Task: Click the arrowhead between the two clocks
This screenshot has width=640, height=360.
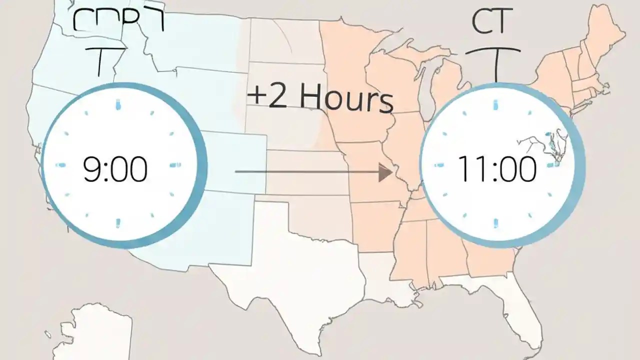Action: coord(385,172)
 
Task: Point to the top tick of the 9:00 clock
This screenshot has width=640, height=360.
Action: coord(118,105)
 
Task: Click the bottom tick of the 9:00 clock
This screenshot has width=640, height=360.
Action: coord(118,223)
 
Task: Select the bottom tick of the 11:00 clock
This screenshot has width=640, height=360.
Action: coord(496,222)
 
